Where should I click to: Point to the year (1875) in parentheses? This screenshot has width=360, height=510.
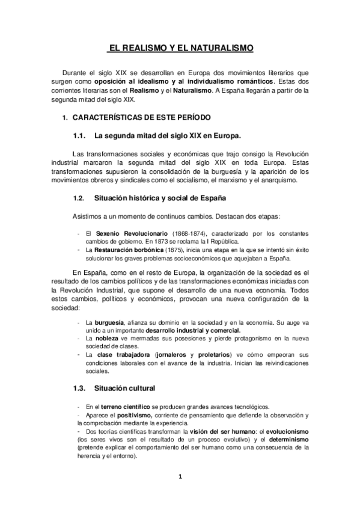[x=175, y=250]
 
